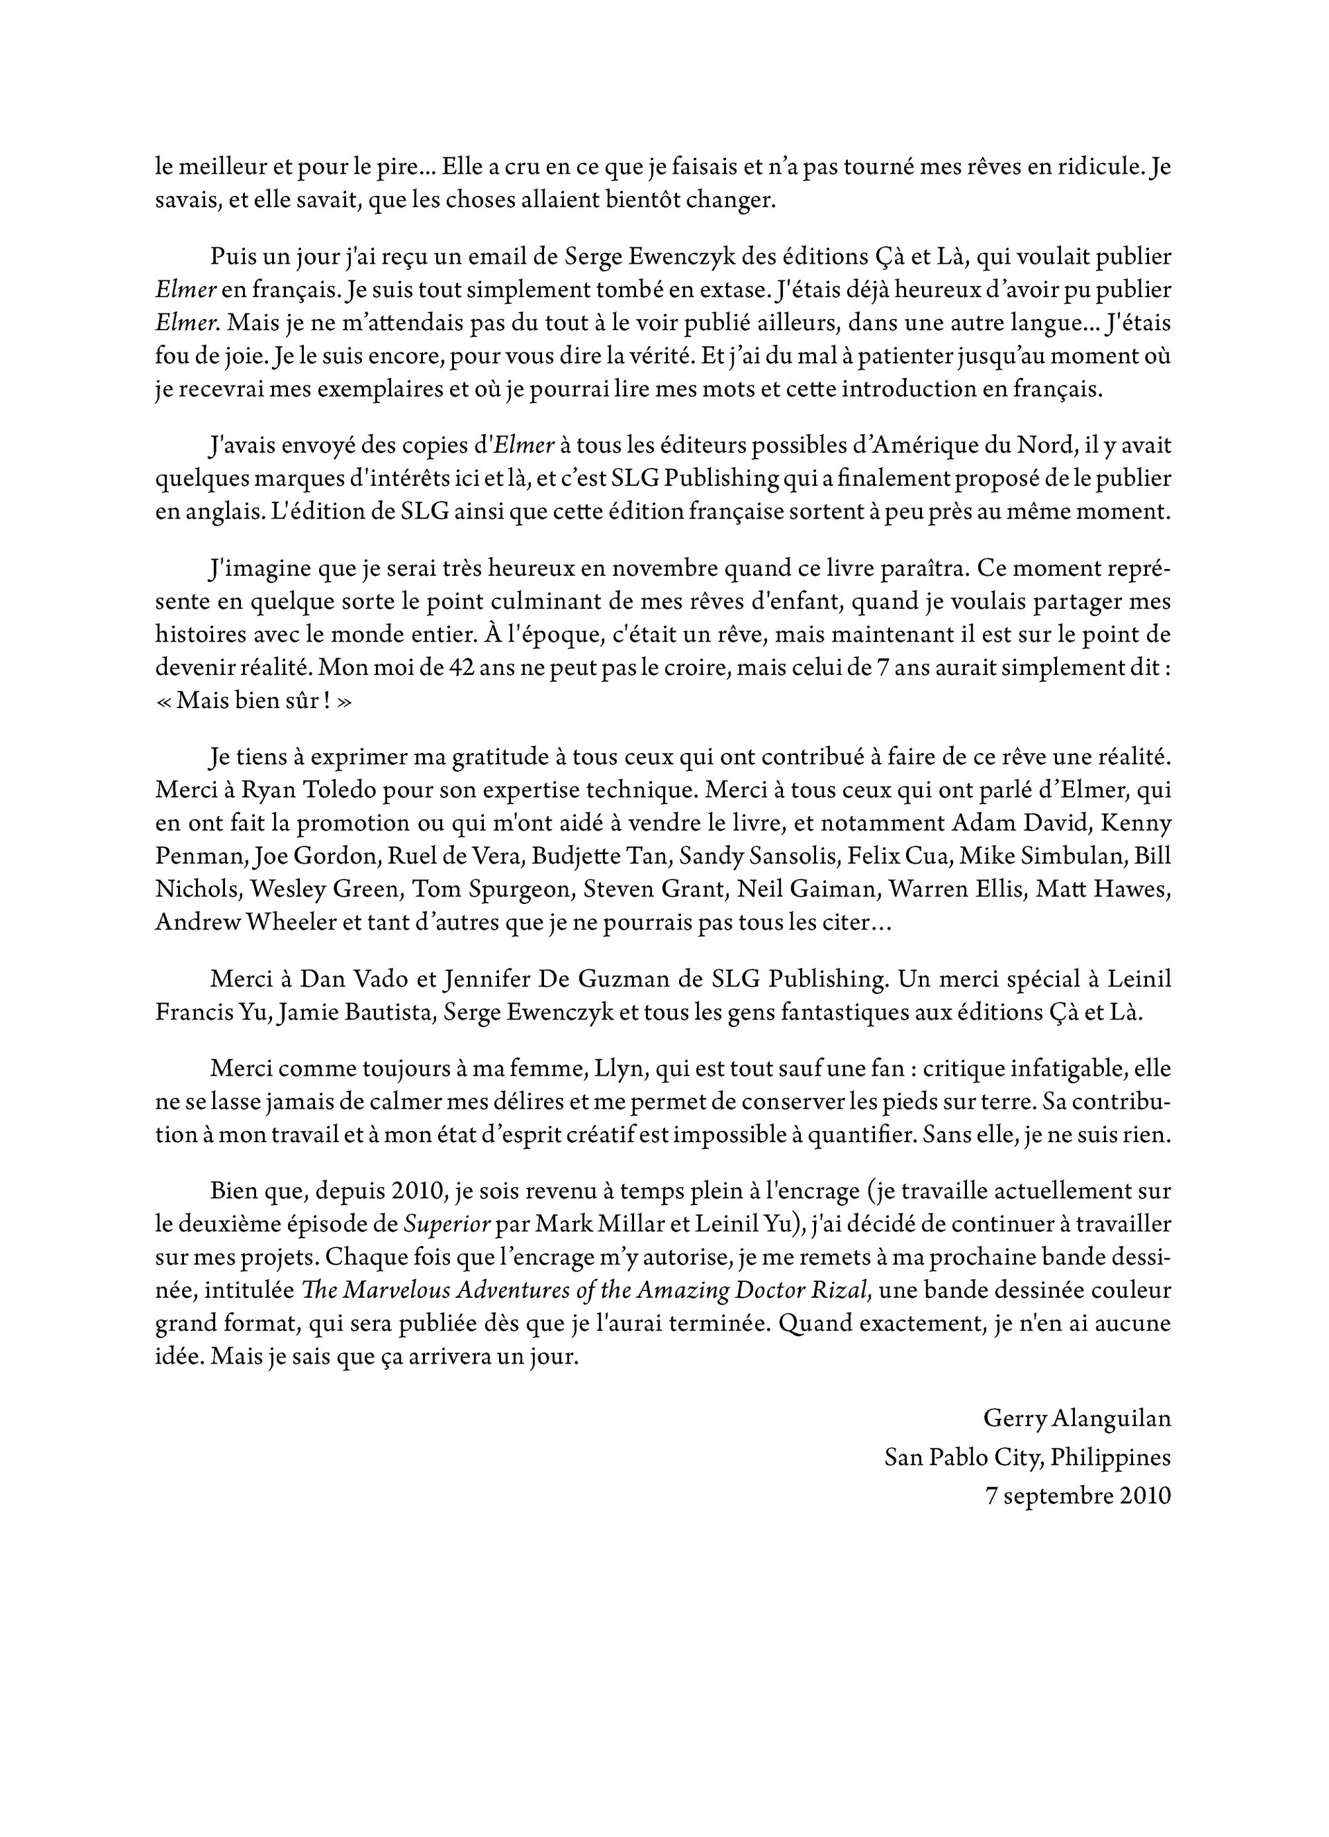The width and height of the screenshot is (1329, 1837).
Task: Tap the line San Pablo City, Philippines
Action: click(1027, 1457)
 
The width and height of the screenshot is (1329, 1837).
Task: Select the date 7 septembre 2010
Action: click(1077, 1495)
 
